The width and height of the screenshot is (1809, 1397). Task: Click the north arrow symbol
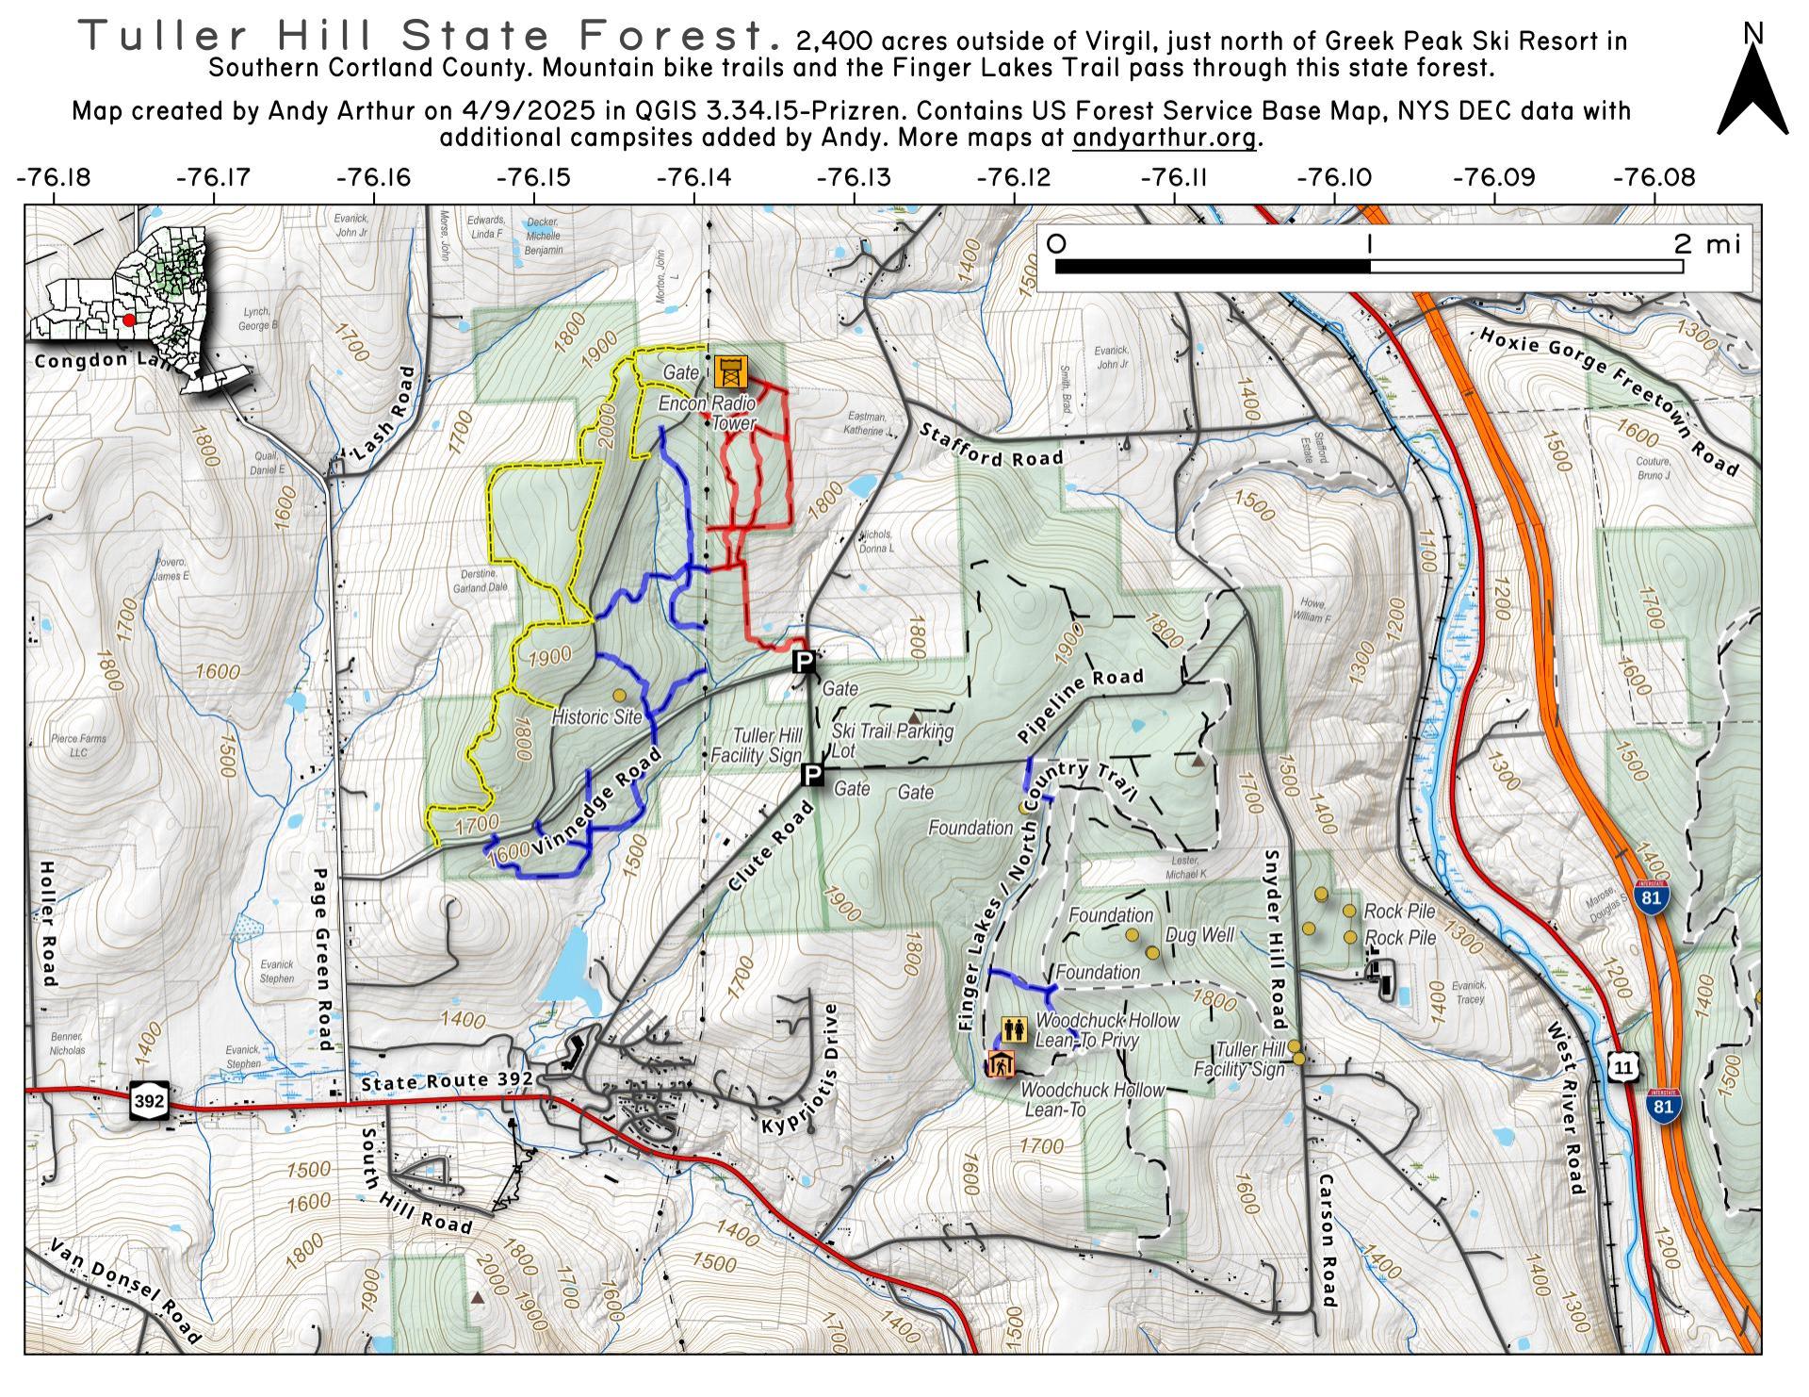pos(1752,90)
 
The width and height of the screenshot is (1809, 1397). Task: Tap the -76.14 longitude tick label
pos(694,177)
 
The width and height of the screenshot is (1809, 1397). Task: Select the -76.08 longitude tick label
pos(1654,177)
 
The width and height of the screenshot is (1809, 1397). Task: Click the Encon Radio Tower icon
pos(729,371)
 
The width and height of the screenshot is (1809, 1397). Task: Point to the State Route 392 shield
pos(151,1100)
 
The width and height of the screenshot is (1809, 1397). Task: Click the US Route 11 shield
pos(1622,1067)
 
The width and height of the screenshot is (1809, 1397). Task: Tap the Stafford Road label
pos(991,445)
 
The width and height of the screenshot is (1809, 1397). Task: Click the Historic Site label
pos(596,716)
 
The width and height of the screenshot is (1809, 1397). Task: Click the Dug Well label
pos(1199,935)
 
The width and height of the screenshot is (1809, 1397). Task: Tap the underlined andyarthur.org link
pos(1165,138)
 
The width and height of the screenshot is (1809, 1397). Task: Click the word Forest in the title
pos(677,37)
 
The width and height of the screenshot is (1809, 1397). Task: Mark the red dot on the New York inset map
pos(129,320)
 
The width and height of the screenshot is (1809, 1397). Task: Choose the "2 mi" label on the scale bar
pos(1707,244)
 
